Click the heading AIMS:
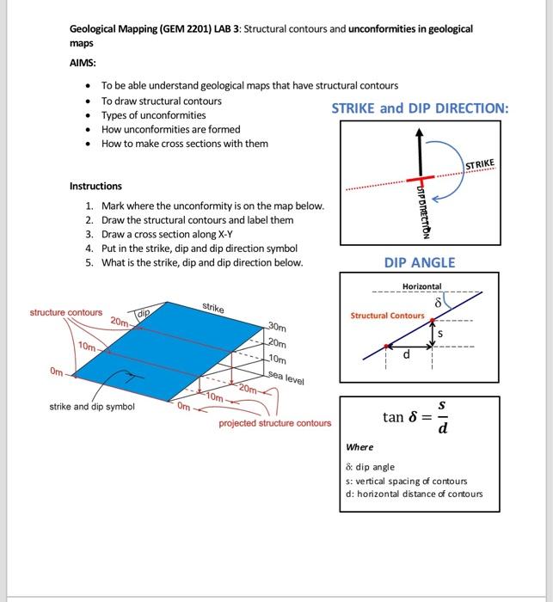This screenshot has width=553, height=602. (x=84, y=63)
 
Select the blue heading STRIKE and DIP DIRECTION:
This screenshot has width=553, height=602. (x=420, y=108)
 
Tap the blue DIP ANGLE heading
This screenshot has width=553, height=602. (x=419, y=262)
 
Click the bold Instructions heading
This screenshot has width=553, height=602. (x=95, y=186)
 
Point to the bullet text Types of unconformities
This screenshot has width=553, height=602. (x=155, y=115)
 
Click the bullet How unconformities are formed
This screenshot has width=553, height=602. (x=170, y=129)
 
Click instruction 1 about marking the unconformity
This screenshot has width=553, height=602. (x=212, y=206)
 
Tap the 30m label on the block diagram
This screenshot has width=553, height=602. (x=276, y=327)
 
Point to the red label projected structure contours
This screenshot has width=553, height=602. (x=274, y=424)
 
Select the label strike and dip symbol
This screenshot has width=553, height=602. (x=92, y=406)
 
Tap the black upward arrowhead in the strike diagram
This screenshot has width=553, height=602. (x=420, y=133)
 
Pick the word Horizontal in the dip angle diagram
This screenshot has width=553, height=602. (x=421, y=286)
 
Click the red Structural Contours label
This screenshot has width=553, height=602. (x=387, y=316)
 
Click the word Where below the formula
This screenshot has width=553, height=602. (x=359, y=447)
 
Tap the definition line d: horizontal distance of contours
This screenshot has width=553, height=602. (x=414, y=494)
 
